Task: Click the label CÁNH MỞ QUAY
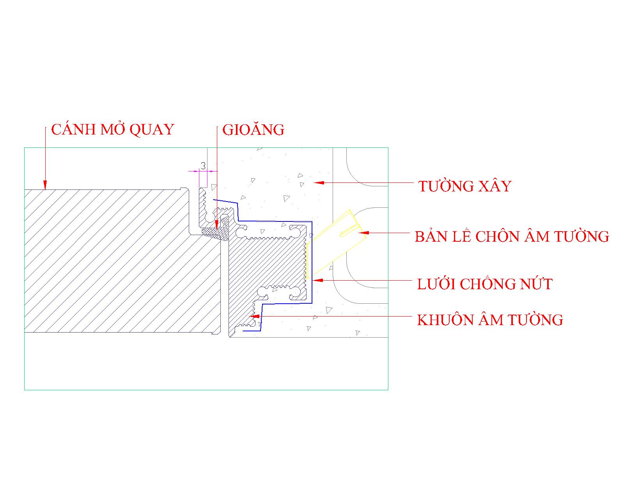(112, 130)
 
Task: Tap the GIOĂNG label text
(253, 130)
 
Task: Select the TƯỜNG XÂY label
(464, 186)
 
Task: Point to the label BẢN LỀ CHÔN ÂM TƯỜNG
(512, 237)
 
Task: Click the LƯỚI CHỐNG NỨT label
(485, 284)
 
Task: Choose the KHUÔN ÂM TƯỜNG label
(490, 320)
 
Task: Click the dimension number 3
(203, 166)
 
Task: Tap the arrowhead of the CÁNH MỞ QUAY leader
(45, 185)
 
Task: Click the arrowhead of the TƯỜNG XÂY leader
(318, 182)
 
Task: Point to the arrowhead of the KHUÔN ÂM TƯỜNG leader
(253, 317)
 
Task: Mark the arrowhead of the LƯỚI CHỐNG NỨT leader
(316, 280)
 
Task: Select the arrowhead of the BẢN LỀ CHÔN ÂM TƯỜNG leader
(363, 233)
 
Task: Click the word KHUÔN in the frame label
(440, 320)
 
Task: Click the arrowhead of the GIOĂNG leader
(216, 225)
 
